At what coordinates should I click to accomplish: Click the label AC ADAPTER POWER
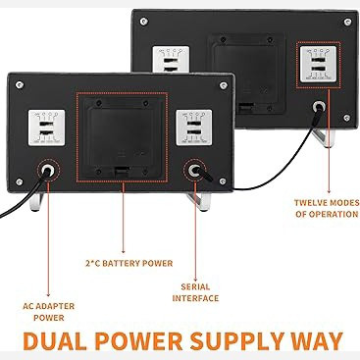point(49,312)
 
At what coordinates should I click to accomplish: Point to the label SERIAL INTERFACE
point(195,292)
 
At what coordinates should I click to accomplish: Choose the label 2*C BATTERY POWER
point(129,263)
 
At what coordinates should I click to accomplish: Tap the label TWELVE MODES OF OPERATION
point(327,208)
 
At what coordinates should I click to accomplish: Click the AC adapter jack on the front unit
point(48,170)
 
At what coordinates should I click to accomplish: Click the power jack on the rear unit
point(319,107)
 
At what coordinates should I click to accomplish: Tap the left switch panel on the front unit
point(46,128)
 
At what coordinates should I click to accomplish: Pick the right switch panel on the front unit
point(194,128)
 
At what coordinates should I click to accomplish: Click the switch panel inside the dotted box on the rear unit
point(318,65)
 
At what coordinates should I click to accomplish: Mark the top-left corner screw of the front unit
point(20,85)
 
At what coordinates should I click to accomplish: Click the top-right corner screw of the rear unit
point(347,22)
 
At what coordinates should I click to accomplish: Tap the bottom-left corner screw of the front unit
point(20,181)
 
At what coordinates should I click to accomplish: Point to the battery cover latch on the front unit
point(122,172)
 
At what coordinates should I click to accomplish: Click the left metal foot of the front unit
point(36,201)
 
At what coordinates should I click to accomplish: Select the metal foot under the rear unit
point(324,137)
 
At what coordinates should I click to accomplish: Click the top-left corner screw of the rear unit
point(143,22)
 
